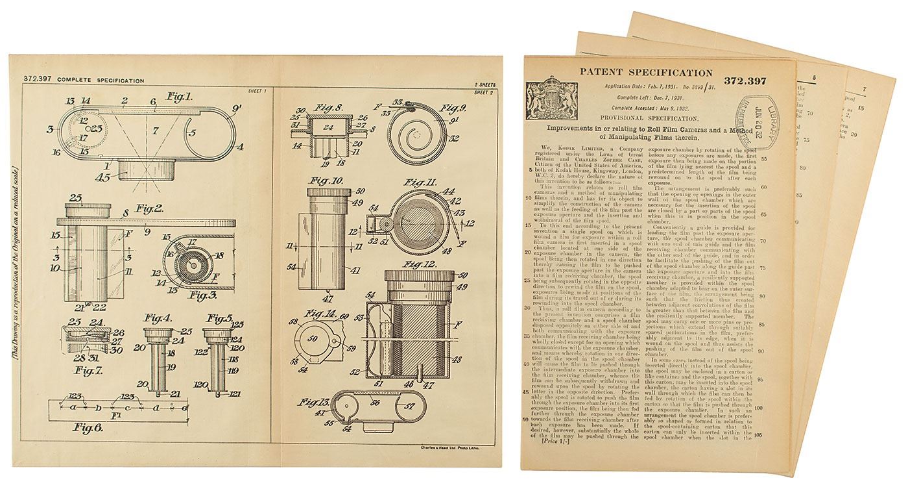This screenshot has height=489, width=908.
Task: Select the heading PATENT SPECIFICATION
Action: tap(645, 73)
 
